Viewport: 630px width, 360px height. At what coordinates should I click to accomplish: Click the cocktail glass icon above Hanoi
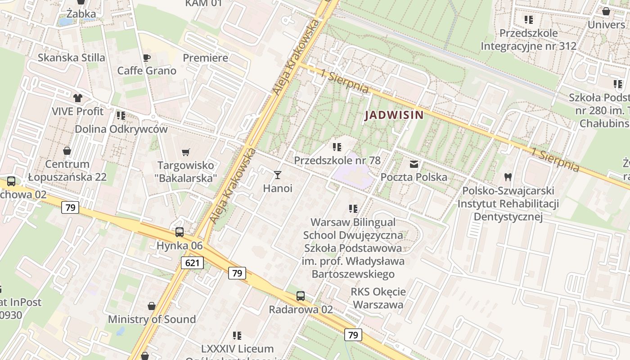coord(278,175)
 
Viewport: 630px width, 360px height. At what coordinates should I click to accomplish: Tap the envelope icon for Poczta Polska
coord(414,164)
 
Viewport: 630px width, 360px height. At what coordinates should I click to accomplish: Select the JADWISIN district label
coord(394,115)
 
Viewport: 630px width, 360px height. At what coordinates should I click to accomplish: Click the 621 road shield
coord(192,263)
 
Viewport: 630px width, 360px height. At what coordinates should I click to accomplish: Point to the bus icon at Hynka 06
coord(180,232)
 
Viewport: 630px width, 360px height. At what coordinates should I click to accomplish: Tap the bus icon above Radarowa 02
coord(301,296)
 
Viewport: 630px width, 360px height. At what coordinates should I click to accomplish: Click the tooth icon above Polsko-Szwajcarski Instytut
coord(508,178)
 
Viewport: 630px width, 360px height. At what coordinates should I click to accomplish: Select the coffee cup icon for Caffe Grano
coord(146,58)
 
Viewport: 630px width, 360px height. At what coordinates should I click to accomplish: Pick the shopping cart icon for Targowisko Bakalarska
coord(186,152)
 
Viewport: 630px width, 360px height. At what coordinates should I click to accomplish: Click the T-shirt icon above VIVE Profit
coord(77,98)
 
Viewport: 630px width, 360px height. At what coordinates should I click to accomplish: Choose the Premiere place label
coord(205,58)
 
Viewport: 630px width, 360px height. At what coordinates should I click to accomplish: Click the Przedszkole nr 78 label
coord(337,160)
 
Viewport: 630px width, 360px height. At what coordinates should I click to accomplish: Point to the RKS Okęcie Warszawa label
coord(378,298)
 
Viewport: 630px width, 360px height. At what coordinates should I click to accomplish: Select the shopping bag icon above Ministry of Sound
coord(152,306)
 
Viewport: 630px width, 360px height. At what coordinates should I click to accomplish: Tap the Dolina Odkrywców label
coord(121,129)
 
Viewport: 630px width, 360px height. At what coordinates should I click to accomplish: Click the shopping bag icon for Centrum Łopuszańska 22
coord(67,151)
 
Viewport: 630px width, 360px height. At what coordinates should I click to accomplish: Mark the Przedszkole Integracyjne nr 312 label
coord(528,40)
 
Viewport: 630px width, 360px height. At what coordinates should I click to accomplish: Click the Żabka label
coord(81,14)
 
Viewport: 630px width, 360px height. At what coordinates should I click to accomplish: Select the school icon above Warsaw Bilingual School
coord(353,208)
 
